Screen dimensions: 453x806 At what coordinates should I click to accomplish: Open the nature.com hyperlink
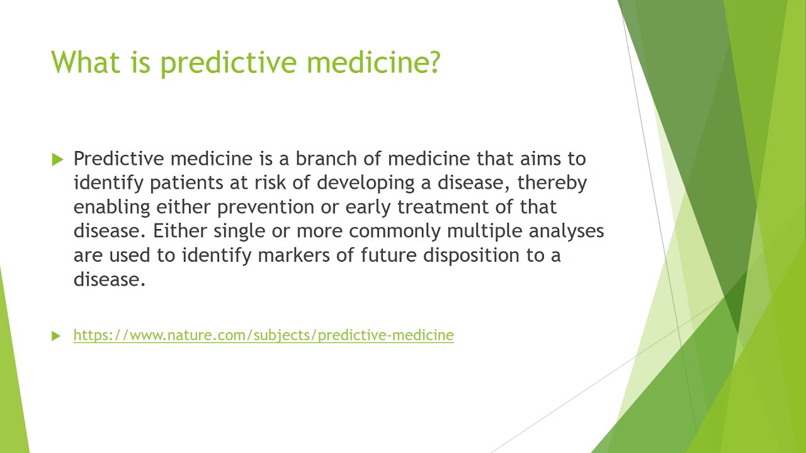click(x=263, y=335)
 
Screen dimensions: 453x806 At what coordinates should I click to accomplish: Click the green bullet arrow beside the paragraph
click(x=58, y=159)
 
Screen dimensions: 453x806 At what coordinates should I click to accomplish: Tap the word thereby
click(x=552, y=182)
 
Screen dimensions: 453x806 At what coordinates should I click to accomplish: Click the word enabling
click(x=111, y=207)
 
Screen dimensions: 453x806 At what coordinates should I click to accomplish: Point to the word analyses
click(x=566, y=232)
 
